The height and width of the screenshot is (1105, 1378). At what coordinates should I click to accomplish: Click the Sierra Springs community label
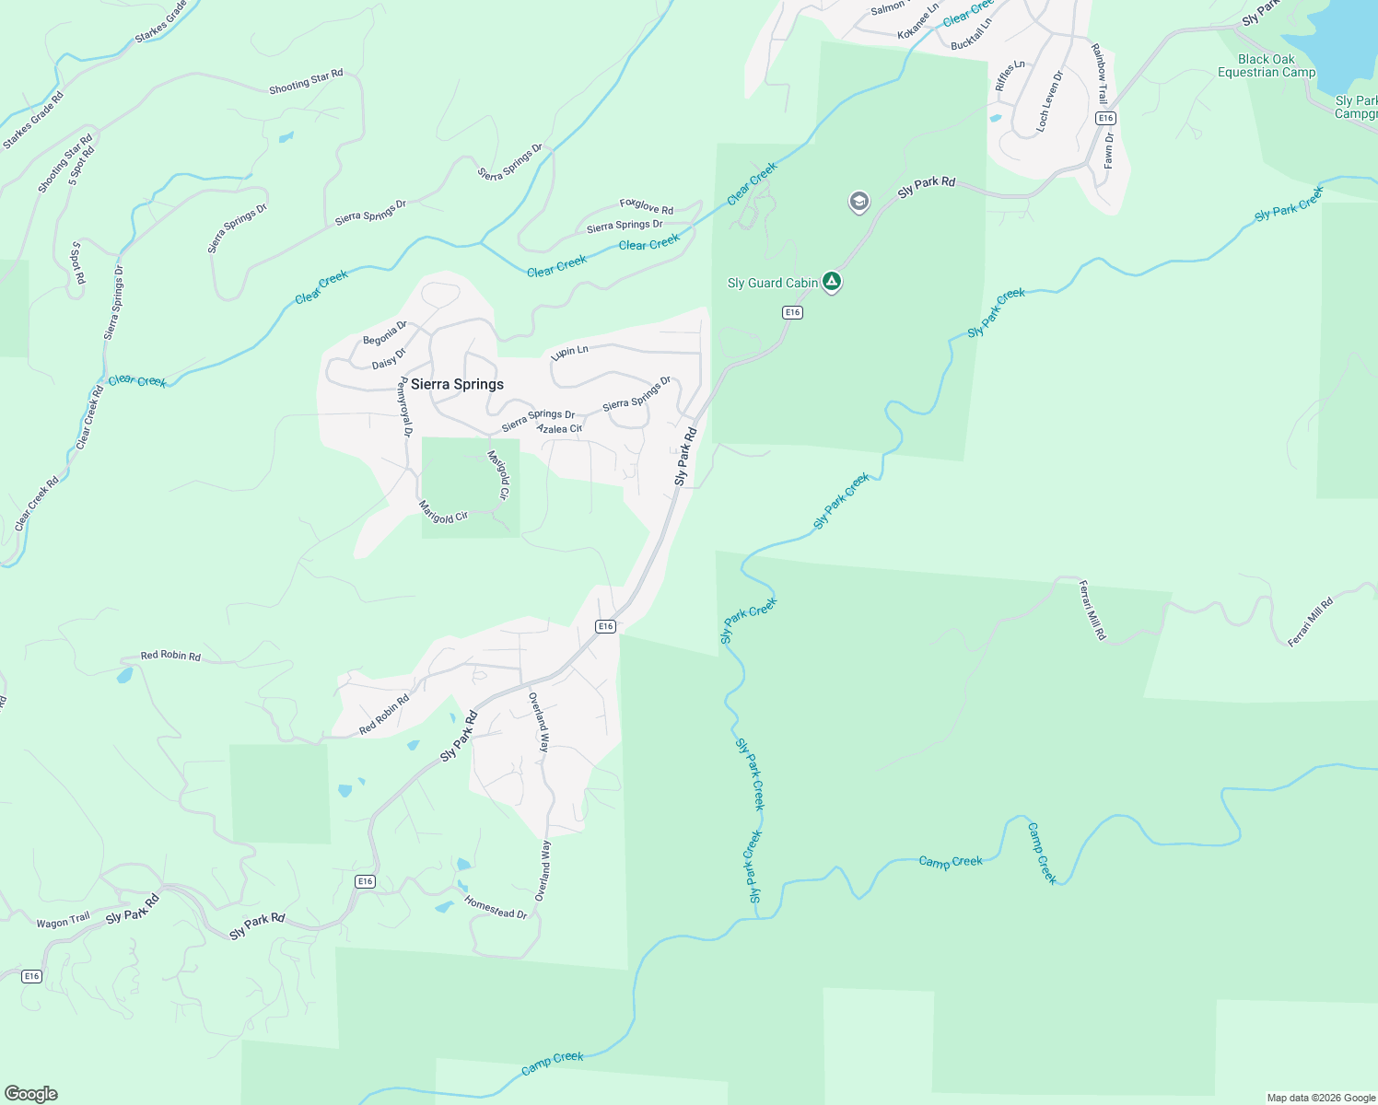coord(457,384)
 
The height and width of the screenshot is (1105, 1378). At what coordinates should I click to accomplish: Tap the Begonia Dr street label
coord(385,334)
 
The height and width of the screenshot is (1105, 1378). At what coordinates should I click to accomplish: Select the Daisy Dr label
coord(389,359)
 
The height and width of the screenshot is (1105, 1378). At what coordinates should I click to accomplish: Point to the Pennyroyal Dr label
coord(404,407)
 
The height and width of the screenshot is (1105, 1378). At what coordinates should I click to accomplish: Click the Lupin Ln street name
coord(569,351)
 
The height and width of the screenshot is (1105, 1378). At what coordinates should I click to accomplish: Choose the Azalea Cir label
coord(559,429)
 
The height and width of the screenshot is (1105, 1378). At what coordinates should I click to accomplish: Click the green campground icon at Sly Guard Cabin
coord(832,282)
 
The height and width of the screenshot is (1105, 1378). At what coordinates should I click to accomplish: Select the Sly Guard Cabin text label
coord(772,283)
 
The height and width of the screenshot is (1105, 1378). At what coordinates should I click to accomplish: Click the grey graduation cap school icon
coord(858,202)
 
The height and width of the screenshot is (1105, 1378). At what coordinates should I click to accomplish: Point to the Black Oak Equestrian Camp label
coord(1267,65)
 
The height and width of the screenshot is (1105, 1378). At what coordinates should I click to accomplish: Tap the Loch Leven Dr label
coord(1049,101)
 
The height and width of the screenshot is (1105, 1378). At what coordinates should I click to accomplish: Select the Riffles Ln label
coord(1010,76)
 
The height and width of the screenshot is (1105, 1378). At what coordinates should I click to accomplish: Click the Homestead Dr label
coord(496,907)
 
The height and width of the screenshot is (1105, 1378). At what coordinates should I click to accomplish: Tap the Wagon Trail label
coord(64,921)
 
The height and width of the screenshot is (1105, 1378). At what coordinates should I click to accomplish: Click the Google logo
coord(31,1094)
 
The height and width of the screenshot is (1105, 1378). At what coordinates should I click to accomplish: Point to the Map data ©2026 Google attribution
coord(1321,1098)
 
